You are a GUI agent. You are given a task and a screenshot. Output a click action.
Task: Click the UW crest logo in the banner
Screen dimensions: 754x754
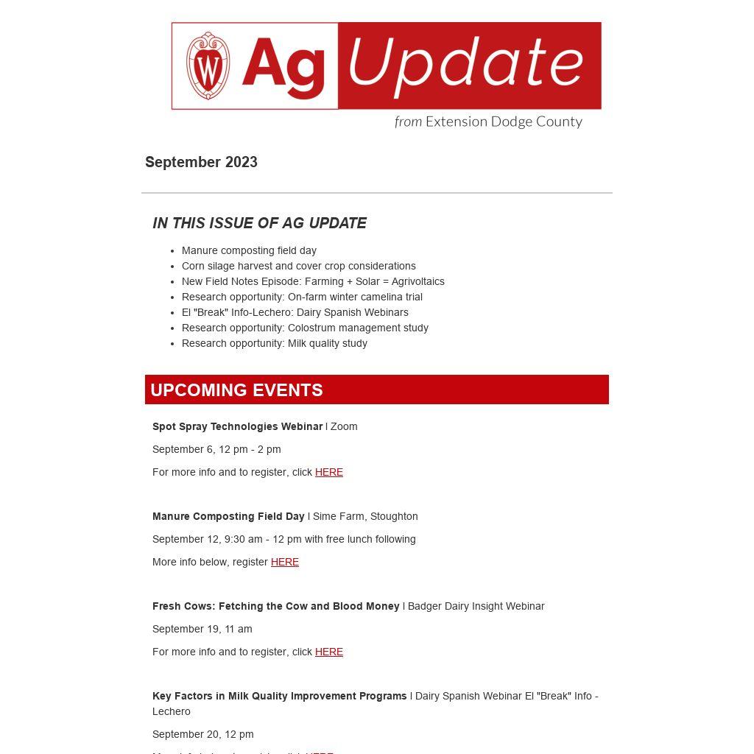(208, 66)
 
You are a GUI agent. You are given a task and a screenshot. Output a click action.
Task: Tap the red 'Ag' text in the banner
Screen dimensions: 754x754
(283, 66)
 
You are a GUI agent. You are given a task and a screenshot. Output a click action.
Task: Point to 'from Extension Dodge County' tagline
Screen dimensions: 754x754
(488, 121)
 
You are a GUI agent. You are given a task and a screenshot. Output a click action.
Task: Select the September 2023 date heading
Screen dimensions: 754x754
(201, 162)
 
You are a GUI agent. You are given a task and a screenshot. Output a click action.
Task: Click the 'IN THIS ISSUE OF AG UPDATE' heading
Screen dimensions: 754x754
(259, 223)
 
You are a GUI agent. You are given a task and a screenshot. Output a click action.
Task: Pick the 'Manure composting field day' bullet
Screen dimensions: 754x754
(249, 250)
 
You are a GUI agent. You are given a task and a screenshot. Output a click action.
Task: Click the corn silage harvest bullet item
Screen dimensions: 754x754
(298, 266)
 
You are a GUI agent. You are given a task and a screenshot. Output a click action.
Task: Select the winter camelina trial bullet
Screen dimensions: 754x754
(302, 297)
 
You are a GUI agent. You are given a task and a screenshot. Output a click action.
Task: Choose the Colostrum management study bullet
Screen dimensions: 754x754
(305, 328)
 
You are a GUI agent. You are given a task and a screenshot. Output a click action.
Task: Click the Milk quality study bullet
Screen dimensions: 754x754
(274, 343)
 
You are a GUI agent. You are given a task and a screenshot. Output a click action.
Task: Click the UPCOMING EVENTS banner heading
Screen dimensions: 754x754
(236, 390)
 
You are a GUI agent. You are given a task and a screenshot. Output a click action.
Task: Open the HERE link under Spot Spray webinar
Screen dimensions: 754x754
(328, 472)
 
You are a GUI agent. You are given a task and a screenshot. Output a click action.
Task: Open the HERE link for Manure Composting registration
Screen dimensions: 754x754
(284, 562)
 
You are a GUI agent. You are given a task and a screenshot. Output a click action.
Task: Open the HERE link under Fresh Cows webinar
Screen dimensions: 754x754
(328, 652)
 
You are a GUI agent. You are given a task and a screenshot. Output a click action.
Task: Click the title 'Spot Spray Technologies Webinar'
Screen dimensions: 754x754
(237, 426)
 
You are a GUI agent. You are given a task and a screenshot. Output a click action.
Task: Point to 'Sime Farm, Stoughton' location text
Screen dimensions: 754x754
(365, 516)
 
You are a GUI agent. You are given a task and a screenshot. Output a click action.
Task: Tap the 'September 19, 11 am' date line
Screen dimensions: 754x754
(202, 629)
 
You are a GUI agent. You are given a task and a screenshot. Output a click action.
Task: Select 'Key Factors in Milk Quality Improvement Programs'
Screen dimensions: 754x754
(279, 696)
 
